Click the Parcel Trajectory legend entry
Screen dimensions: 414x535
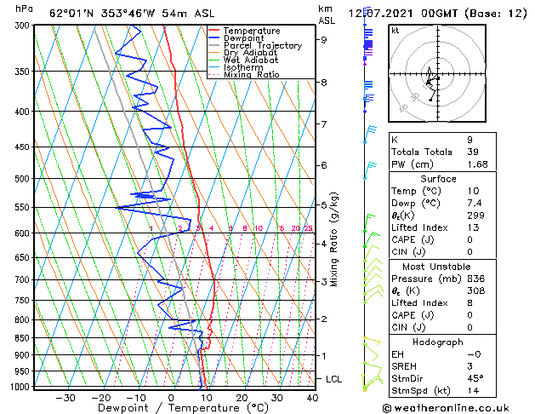point(261,45)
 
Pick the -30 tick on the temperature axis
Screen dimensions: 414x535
point(65,398)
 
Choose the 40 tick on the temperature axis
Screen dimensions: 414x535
point(312,398)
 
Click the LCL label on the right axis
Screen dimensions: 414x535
point(334,378)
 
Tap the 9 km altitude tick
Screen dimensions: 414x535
point(324,39)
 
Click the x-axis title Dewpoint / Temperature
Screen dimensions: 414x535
point(170,409)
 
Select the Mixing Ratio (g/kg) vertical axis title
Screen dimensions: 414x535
point(335,239)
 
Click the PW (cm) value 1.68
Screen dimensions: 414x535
point(477,164)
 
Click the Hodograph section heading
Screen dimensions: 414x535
point(438,342)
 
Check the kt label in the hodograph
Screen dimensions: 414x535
point(396,30)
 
